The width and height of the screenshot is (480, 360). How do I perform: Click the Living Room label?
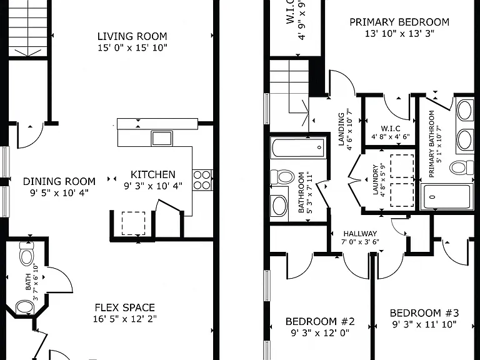tap(132, 36)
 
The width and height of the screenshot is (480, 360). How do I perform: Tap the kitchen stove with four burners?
tap(202, 180)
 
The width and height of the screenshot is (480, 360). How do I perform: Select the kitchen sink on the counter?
tap(162, 138)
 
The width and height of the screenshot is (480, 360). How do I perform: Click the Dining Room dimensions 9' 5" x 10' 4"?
tap(59, 193)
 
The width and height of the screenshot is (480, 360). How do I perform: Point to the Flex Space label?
tap(125, 307)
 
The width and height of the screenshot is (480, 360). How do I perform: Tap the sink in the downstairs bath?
tap(25, 307)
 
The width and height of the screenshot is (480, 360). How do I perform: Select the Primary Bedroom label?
tap(399, 22)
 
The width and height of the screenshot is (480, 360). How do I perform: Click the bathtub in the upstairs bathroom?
tap(298, 147)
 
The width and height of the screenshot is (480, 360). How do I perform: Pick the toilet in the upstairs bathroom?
tap(282, 177)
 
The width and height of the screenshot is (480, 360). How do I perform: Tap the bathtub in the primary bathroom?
tap(447, 196)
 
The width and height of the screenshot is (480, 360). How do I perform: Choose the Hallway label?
tap(360, 234)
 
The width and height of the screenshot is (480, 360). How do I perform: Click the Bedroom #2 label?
tap(320, 321)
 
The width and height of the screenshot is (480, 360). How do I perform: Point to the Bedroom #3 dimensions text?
tap(424, 324)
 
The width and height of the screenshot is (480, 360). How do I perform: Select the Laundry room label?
tap(375, 180)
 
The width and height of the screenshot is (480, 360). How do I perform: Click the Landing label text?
tap(341, 129)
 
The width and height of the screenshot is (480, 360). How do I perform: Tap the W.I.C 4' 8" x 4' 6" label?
tap(391, 132)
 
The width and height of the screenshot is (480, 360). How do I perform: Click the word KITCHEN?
tap(152, 174)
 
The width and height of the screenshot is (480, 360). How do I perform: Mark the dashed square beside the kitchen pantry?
tap(134, 223)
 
